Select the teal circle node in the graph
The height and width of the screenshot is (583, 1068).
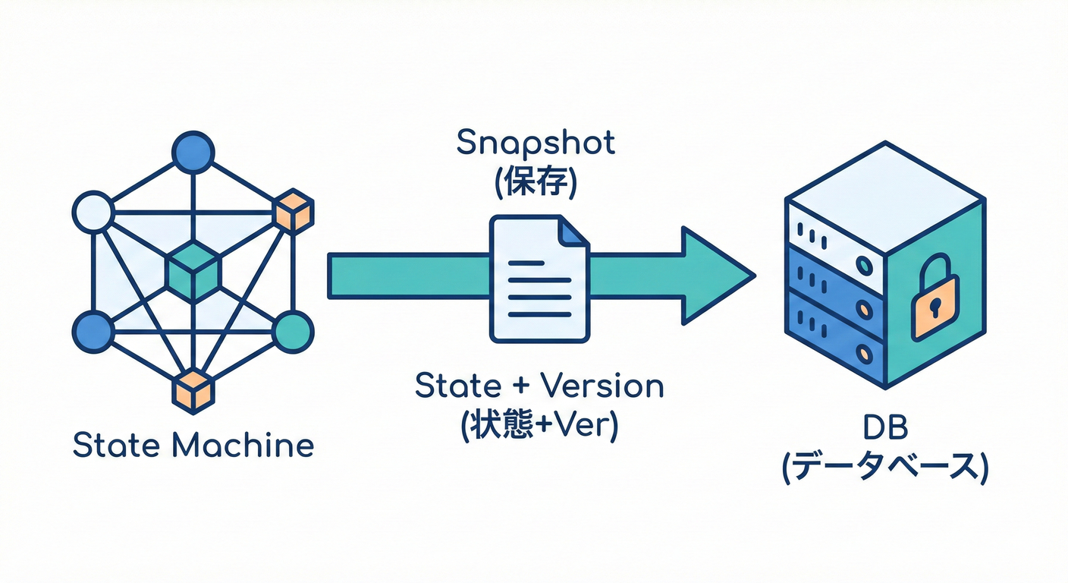(293, 332)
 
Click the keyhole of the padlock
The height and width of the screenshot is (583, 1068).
(934, 307)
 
